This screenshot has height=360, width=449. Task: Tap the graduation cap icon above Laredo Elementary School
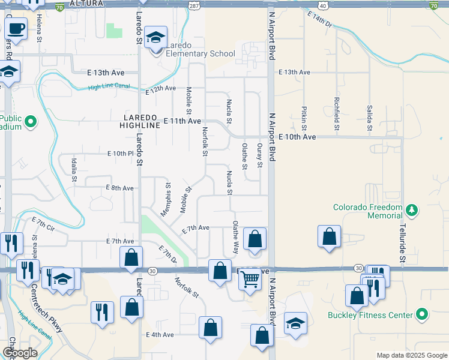coord(155,38)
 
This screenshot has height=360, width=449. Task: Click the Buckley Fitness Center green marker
coord(422,314)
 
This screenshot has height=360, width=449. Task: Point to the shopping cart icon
coord(250,279)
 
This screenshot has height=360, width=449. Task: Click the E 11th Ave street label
coord(182,121)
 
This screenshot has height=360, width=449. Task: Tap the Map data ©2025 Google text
coord(411,355)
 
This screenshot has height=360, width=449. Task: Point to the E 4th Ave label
coord(160,334)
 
